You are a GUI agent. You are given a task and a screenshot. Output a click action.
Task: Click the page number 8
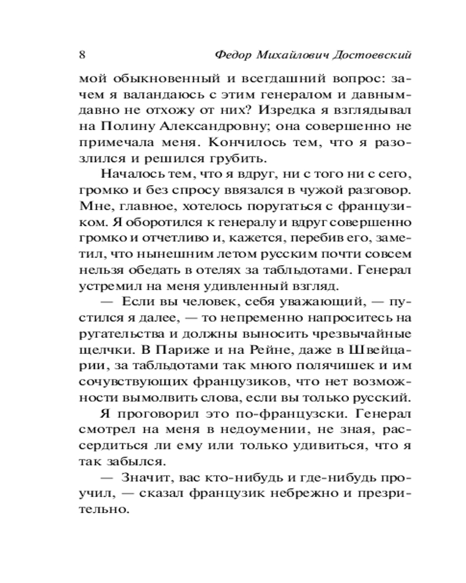(82, 55)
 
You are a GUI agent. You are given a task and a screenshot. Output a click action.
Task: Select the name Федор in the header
(233, 55)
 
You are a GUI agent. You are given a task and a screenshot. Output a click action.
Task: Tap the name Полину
(127, 126)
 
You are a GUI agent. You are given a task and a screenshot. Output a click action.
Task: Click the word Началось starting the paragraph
(128, 174)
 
